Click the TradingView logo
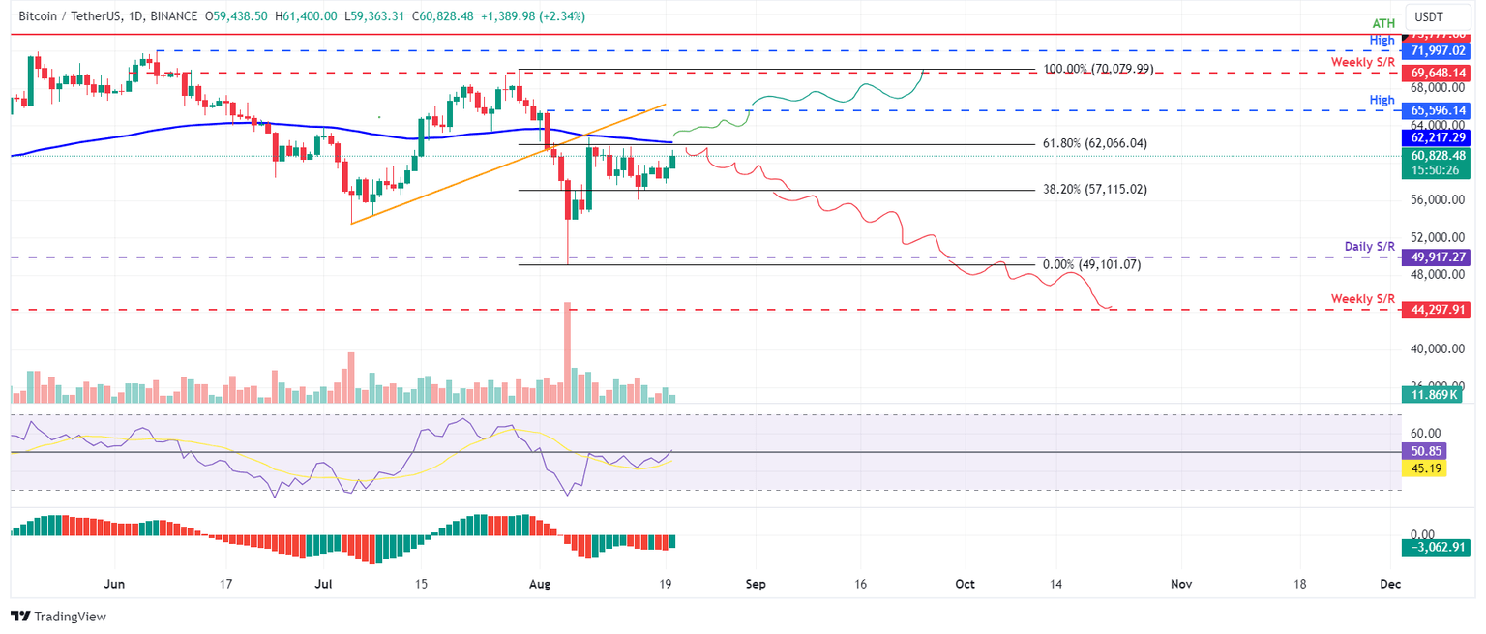(58, 617)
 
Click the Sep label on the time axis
(756, 584)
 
